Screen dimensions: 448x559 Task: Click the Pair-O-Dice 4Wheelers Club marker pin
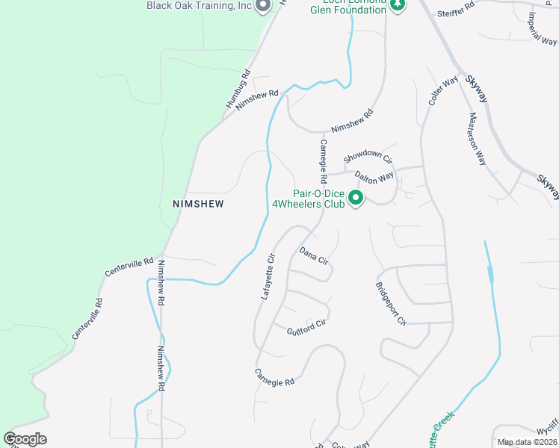(356, 199)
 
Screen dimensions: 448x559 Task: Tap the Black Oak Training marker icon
(262, 6)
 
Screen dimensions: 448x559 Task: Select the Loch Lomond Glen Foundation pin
(398, 4)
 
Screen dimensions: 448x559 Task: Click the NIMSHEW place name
(198, 203)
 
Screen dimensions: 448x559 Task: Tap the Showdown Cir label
(368, 157)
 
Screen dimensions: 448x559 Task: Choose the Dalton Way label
(374, 178)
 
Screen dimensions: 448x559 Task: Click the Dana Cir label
(314, 256)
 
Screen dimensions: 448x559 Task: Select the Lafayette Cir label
(268, 277)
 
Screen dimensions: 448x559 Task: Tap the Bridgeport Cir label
(391, 304)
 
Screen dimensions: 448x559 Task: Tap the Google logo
(25, 439)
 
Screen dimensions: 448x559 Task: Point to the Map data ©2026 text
(527, 442)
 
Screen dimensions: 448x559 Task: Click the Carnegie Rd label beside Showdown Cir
(324, 161)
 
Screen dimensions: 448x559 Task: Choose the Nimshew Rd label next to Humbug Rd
(256, 101)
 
